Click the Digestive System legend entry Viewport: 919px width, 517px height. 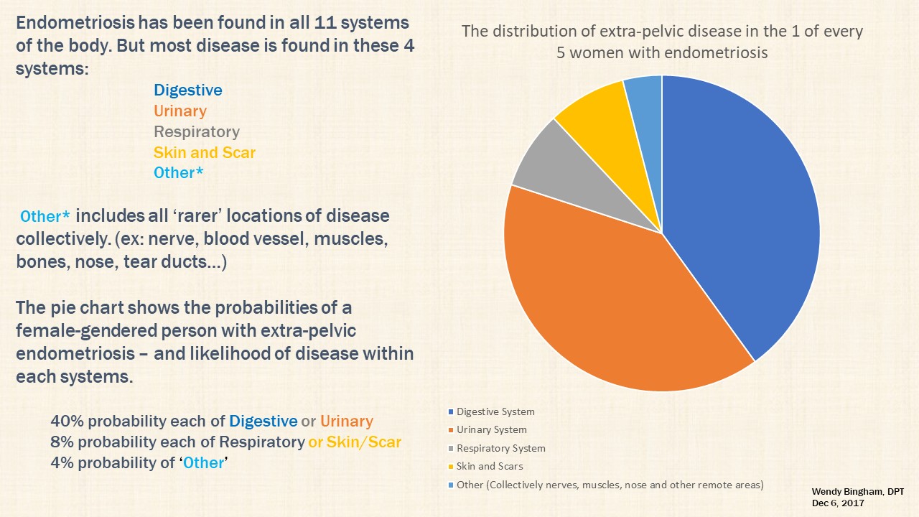(x=492, y=411)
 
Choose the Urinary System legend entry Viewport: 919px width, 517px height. (x=488, y=429)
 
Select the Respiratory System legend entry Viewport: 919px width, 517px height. (x=497, y=448)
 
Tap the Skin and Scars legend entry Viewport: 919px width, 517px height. (x=486, y=466)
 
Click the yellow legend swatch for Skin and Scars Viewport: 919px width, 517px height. (x=451, y=467)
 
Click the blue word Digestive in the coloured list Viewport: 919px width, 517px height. (x=188, y=90)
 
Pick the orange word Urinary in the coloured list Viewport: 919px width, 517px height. (x=180, y=111)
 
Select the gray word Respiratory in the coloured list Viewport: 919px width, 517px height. (x=197, y=131)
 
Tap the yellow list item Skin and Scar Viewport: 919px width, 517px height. (x=205, y=153)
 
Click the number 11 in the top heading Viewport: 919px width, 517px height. (x=325, y=22)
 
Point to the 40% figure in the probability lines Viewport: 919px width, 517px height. (x=67, y=421)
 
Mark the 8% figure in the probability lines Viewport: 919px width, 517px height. (x=62, y=442)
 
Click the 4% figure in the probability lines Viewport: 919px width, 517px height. (x=62, y=463)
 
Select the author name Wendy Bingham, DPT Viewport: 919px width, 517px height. (x=858, y=492)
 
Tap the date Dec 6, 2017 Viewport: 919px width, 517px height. (x=838, y=503)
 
